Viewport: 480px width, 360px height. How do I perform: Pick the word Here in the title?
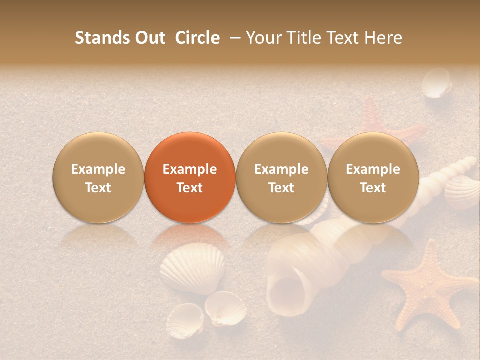(385, 38)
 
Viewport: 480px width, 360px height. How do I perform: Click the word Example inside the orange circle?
(190, 169)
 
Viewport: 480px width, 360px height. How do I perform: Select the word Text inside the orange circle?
(190, 188)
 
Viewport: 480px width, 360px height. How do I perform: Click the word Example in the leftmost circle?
(98, 169)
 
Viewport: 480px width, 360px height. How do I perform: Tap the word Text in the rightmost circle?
(373, 188)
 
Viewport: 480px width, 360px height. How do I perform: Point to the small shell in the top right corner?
(436, 84)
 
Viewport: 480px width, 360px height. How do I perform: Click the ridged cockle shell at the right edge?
(462, 192)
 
